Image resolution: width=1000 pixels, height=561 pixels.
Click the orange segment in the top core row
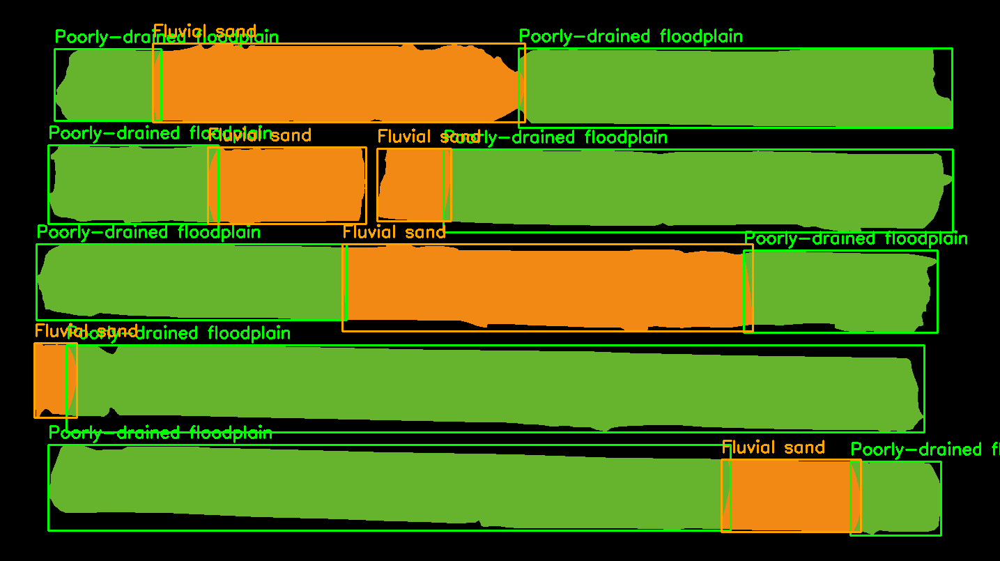click(x=338, y=84)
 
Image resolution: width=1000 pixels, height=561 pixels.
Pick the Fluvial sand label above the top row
click(x=204, y=31)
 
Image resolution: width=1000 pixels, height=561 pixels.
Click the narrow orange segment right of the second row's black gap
click(x=411, y=185)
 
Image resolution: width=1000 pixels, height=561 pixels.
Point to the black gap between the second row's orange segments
click(x=371, y=185)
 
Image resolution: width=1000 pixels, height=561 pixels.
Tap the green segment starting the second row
click(x=129, y=185)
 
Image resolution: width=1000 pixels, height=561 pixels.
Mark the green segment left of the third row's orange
click(x=192, y=282)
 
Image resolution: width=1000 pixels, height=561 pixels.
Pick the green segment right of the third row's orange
click(x=840, y=291)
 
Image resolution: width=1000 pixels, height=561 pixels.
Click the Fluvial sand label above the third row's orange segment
click(x=394, y=232)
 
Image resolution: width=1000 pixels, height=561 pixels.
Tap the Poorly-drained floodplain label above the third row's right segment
click(x=856, y=239)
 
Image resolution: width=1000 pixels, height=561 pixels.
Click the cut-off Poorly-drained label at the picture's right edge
click(x=925, y=450)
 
